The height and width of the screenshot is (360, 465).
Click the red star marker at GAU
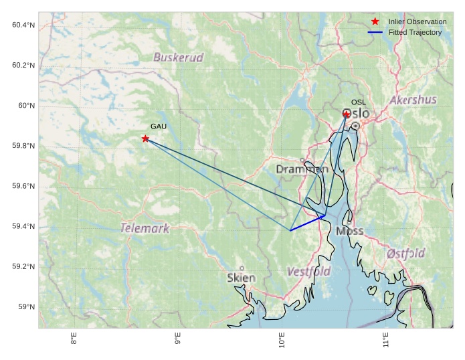tap(145, 139)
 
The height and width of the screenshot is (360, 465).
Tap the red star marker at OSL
tap(347, 114)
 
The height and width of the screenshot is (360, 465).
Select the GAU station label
tap(158, 126)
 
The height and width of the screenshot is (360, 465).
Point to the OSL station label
tap(359, 102)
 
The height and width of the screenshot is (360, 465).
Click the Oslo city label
tap(356, 114)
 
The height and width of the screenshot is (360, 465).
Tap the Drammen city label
tap(302, 169)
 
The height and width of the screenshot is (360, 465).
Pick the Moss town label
tap(350, 231)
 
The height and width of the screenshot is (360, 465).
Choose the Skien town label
tap(241, 278)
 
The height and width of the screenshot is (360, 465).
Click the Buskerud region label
tap(178, 58)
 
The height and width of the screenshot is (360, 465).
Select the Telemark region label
tap(145, 228)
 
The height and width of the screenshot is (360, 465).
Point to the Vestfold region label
tap(308, 272)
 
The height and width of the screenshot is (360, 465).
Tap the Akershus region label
tap(413, 100)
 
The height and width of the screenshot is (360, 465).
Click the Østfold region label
tap(405, 254)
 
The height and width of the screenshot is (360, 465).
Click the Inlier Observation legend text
tap(417, 22)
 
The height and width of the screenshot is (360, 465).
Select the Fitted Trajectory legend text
tap(415, 32)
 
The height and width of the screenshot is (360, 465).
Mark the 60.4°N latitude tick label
tap(23, 25)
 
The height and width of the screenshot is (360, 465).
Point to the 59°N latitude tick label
tap(27, 307)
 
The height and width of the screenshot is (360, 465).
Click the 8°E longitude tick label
tap(74, 340)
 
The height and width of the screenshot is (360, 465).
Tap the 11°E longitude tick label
tap(386, 340)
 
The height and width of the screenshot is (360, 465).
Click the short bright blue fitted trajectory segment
tap(307, 223)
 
